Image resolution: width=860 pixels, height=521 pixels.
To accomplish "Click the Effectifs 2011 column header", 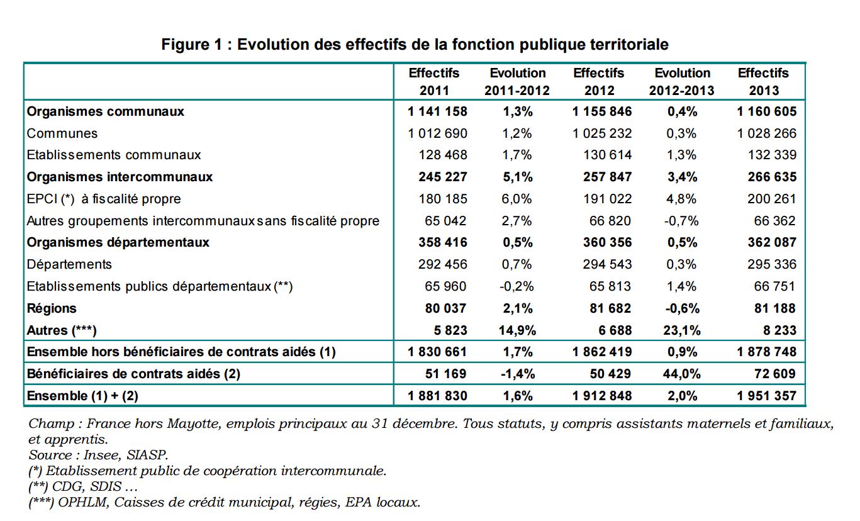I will click(x=434, y=82).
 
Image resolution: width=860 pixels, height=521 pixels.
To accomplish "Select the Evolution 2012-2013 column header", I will click(x=682, y=82).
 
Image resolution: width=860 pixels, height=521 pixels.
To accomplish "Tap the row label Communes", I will click(x=62, y=133).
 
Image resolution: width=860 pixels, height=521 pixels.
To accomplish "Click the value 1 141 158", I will click(x=437, y=111).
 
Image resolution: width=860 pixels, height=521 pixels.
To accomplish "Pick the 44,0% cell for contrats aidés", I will click(x=682, y=374).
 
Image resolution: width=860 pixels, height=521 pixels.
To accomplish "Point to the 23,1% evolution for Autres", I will click(x=682, y=330).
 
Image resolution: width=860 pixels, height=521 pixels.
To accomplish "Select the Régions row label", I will click(x=52, y=308).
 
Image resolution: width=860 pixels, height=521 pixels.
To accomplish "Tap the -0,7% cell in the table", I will click(x=682, y=221).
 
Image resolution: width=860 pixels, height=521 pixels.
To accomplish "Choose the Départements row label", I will click(x=69, y=264).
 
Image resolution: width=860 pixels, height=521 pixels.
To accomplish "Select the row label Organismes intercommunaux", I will click(x=120, y=177).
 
